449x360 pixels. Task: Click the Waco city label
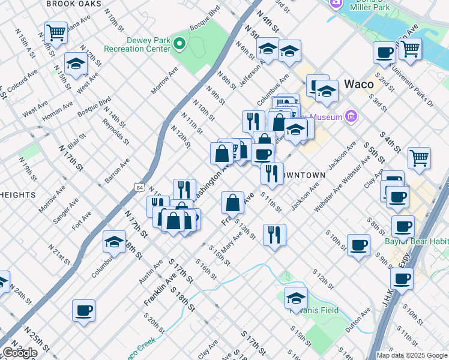point(359,84)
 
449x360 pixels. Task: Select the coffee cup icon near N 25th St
point(83,310)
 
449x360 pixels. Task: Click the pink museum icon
point(351,116)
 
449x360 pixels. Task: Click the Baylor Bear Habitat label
point(417,242)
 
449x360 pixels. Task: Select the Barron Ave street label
point(117,170)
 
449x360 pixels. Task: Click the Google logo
point(20,353)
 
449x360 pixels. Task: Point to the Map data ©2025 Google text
point(412,355)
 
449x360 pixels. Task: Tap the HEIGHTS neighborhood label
point(18,195)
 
